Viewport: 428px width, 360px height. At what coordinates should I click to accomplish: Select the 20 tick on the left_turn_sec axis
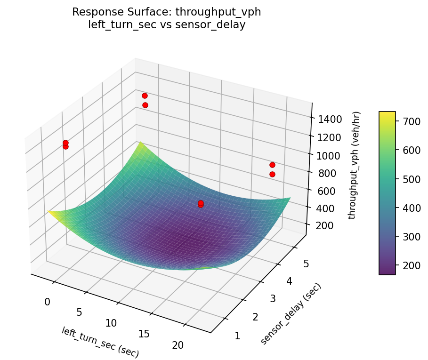[178, 345]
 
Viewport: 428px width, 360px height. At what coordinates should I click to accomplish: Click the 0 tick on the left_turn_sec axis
[48, 302]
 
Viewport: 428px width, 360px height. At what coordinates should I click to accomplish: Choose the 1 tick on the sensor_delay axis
[238, 336]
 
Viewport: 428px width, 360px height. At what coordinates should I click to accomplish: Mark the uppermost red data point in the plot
[145, 96]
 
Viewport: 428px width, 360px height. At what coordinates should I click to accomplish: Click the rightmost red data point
[272, 165]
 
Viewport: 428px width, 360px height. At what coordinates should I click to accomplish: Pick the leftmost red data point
[65, 143]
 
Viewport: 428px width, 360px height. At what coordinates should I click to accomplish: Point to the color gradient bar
[387, 193]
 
